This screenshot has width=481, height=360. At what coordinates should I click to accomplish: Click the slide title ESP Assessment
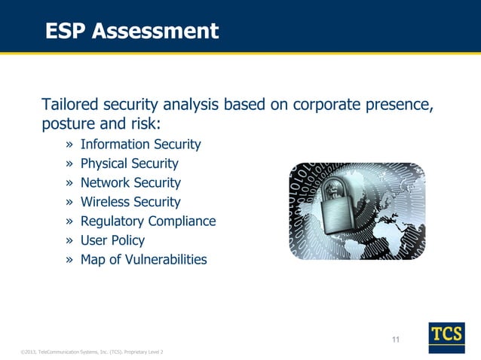coord(132,31)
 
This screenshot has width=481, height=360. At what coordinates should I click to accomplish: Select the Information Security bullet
coord(140,144)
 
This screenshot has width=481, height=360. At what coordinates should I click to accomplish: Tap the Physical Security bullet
coord(129,163)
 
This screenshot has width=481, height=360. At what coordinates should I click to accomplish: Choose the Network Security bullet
coord(130,183)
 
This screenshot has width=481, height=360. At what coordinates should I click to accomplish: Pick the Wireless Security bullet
coord(130,202)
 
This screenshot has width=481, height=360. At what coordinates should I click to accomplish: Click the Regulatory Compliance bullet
coord(148,221)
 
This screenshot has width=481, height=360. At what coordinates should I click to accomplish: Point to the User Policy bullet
coord(112,240)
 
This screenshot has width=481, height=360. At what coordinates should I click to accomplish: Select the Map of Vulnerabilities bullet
coord(143,260)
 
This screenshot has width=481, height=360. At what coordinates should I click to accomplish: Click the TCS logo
coord(446,337)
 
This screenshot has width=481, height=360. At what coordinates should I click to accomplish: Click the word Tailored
coord(71,104)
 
